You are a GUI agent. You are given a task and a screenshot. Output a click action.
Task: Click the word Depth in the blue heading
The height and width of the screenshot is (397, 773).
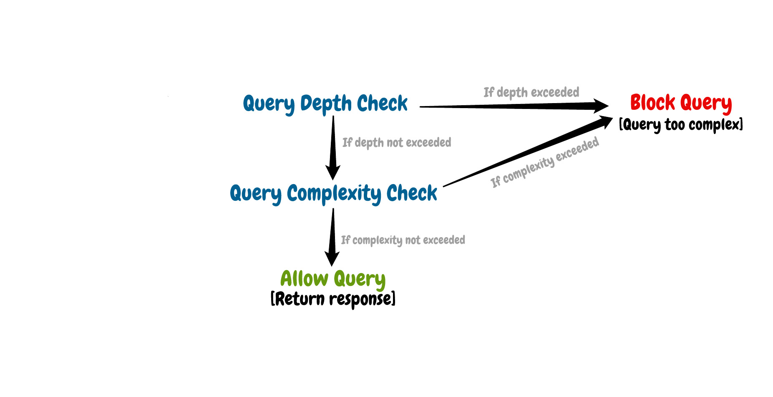click(x=326, y=103)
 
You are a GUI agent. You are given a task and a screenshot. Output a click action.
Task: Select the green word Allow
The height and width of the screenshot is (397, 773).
click(x=304, y=278)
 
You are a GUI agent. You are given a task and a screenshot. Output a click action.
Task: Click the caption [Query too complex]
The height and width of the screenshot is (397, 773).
click(x=681, y=124)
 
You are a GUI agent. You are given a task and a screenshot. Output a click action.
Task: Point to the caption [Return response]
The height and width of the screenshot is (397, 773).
click(x=333, y=299)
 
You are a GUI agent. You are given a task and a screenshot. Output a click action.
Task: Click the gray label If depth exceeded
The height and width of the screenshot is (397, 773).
click(x=531, y=92)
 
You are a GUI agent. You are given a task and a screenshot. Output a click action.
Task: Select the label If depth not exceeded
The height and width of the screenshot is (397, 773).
click(x=396, y=143)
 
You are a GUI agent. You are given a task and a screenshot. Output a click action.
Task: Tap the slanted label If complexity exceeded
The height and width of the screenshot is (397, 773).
click(x=544, y=163)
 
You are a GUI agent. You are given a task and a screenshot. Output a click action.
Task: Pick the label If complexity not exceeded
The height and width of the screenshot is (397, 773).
click(x=403, y=240)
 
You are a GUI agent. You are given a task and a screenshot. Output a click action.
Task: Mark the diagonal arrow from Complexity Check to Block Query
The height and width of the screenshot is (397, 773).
click(x=526, y=153)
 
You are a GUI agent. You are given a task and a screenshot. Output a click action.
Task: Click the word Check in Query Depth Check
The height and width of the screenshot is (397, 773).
click(x=382, y=103)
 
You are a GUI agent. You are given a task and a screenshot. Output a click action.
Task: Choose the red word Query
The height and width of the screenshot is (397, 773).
click(x=706, y=103)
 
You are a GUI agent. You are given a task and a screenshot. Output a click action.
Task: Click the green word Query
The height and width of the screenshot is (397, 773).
click(x=359, y=279)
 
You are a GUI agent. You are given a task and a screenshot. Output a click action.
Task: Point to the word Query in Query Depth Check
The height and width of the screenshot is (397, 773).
click(x=268, y=104)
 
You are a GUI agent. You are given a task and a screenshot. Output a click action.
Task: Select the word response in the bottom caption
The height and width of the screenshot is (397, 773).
click(x=362, y=299)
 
